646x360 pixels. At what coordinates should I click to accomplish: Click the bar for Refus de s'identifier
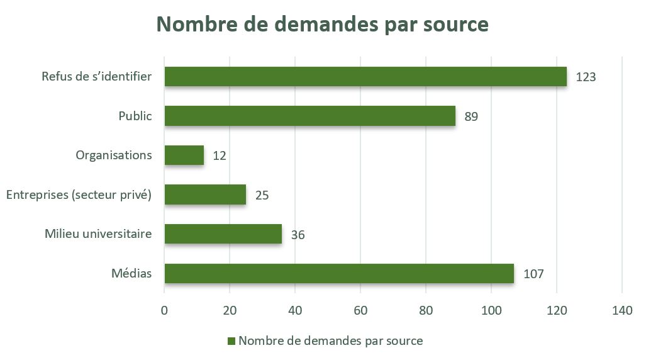[365, 77]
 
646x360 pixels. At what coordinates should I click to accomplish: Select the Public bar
[309, 116]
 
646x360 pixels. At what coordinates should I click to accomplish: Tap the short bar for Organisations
[184, 155]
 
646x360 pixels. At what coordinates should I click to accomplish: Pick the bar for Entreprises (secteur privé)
[205, 194]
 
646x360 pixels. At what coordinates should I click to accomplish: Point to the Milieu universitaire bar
[223, 234]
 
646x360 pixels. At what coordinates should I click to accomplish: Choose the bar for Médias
[339, 273]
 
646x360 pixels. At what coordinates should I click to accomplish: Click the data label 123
[585, 77]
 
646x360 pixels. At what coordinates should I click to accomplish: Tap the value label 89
[471, 116]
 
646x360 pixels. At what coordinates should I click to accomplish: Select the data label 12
[219, 155]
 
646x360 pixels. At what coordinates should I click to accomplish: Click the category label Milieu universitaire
[98, 234]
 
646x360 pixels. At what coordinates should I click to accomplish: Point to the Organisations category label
[114, 155]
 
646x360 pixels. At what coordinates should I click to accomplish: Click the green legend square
[231, 341]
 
